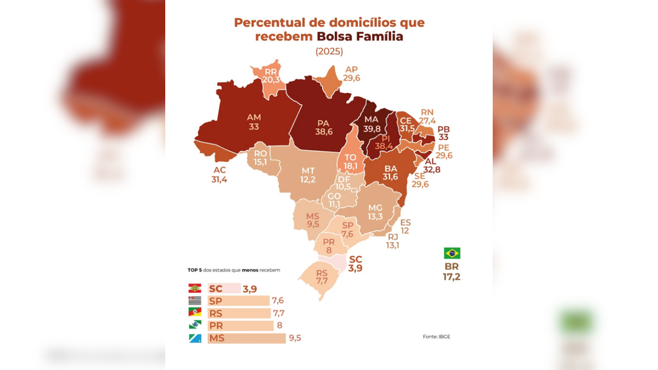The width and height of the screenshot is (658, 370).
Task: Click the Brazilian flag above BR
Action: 452,253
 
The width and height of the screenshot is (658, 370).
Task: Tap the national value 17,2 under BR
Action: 452,277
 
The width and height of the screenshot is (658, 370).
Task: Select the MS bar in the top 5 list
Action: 247,338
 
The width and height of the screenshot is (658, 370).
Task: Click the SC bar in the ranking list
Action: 224,288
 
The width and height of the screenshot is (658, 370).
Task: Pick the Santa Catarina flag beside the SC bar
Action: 195,288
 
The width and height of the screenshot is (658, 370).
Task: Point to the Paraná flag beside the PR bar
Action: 195,325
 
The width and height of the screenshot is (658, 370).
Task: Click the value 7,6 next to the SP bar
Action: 278,301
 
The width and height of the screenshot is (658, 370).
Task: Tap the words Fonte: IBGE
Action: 436,337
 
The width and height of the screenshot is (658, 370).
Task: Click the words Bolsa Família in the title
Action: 360,37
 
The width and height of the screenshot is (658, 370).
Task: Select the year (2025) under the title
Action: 330,51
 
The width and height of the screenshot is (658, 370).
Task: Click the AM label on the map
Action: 254,118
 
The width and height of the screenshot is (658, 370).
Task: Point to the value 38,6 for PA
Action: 324,132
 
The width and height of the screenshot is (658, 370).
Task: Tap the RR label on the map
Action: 271,72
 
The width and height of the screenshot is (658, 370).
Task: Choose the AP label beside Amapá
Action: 351,69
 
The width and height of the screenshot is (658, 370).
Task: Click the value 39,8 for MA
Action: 372,128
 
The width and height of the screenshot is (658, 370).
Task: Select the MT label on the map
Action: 308,171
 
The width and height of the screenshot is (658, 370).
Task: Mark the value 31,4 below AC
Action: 219,180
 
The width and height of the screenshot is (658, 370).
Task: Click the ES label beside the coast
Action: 405,223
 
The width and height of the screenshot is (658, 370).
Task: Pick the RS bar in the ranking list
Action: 239,313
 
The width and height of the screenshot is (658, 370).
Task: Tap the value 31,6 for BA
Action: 390,177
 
